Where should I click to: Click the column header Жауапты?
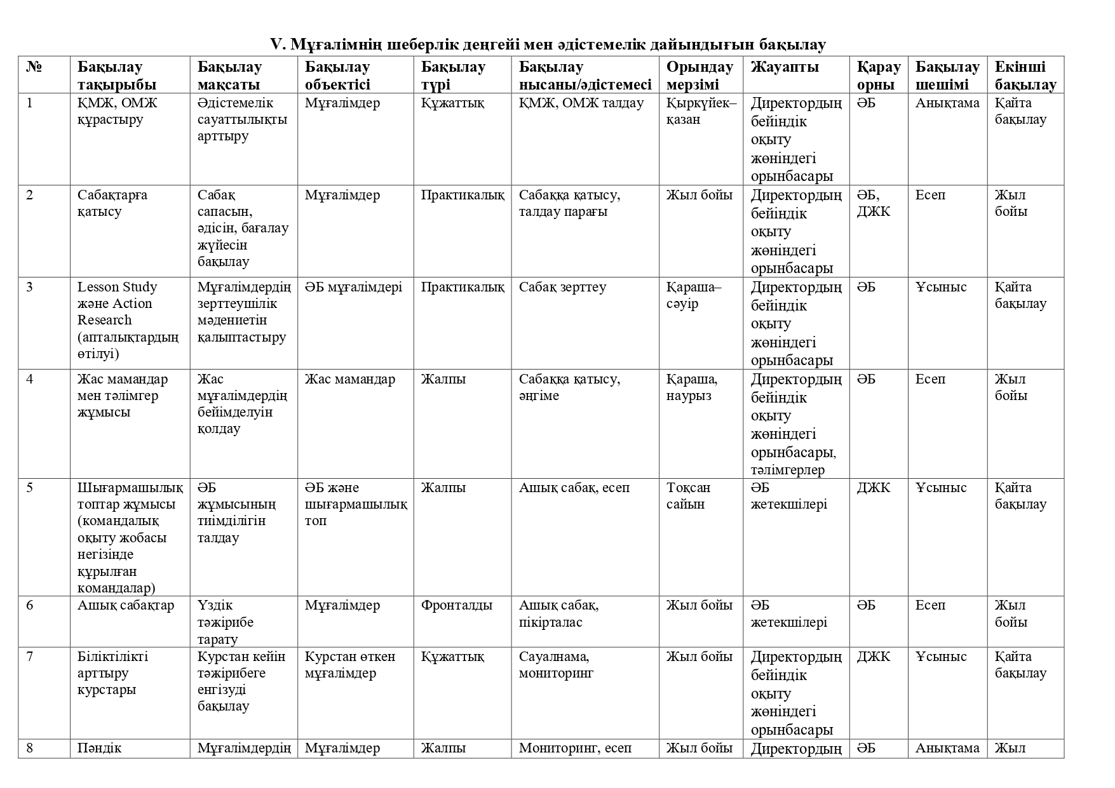point(785,67)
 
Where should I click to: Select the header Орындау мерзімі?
point(699,76)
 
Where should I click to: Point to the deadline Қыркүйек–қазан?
point(701,111)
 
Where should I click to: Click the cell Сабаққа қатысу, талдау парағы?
point(569,203)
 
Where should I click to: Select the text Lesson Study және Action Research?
point(118,304)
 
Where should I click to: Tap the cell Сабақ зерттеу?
point(562,287)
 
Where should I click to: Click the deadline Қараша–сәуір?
point(694,295)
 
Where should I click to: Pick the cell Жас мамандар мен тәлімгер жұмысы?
point(123,396)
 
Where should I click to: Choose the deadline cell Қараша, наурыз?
point(692,387)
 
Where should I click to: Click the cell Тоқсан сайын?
point(688,496)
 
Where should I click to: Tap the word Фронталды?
point(456,605)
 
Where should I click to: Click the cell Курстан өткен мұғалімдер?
point(350,665)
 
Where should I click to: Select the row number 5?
point(30,488)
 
